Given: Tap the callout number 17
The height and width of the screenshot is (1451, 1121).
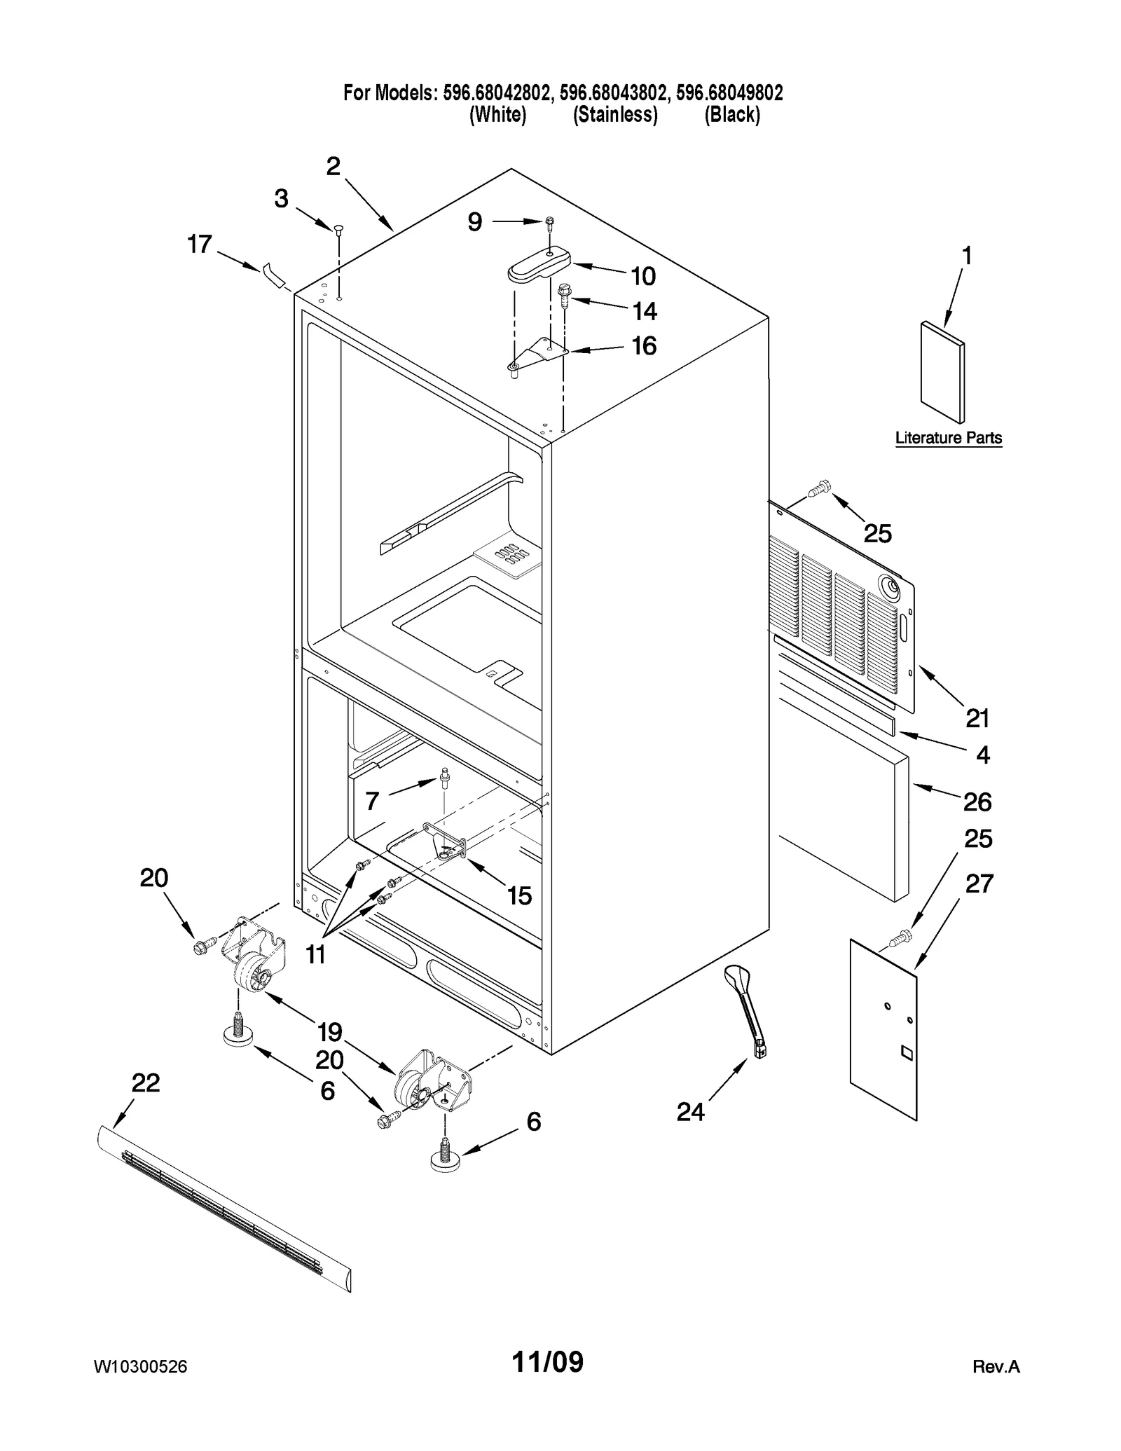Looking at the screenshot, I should (199, 245).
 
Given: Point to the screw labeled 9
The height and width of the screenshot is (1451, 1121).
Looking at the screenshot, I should (550, 224).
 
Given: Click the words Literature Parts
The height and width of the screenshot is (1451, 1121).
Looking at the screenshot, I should (949, 438).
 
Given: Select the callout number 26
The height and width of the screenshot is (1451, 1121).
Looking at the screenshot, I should (977, 802).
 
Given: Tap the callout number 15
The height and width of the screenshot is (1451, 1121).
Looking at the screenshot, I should (519, 895).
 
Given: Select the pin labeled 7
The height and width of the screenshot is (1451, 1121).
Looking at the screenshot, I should (444, 778).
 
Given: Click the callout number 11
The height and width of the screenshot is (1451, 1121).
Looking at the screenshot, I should (315, 954).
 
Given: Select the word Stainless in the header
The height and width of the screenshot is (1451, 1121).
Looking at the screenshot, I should (615, 115).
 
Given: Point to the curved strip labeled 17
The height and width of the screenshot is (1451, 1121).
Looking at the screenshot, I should (274, 275).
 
